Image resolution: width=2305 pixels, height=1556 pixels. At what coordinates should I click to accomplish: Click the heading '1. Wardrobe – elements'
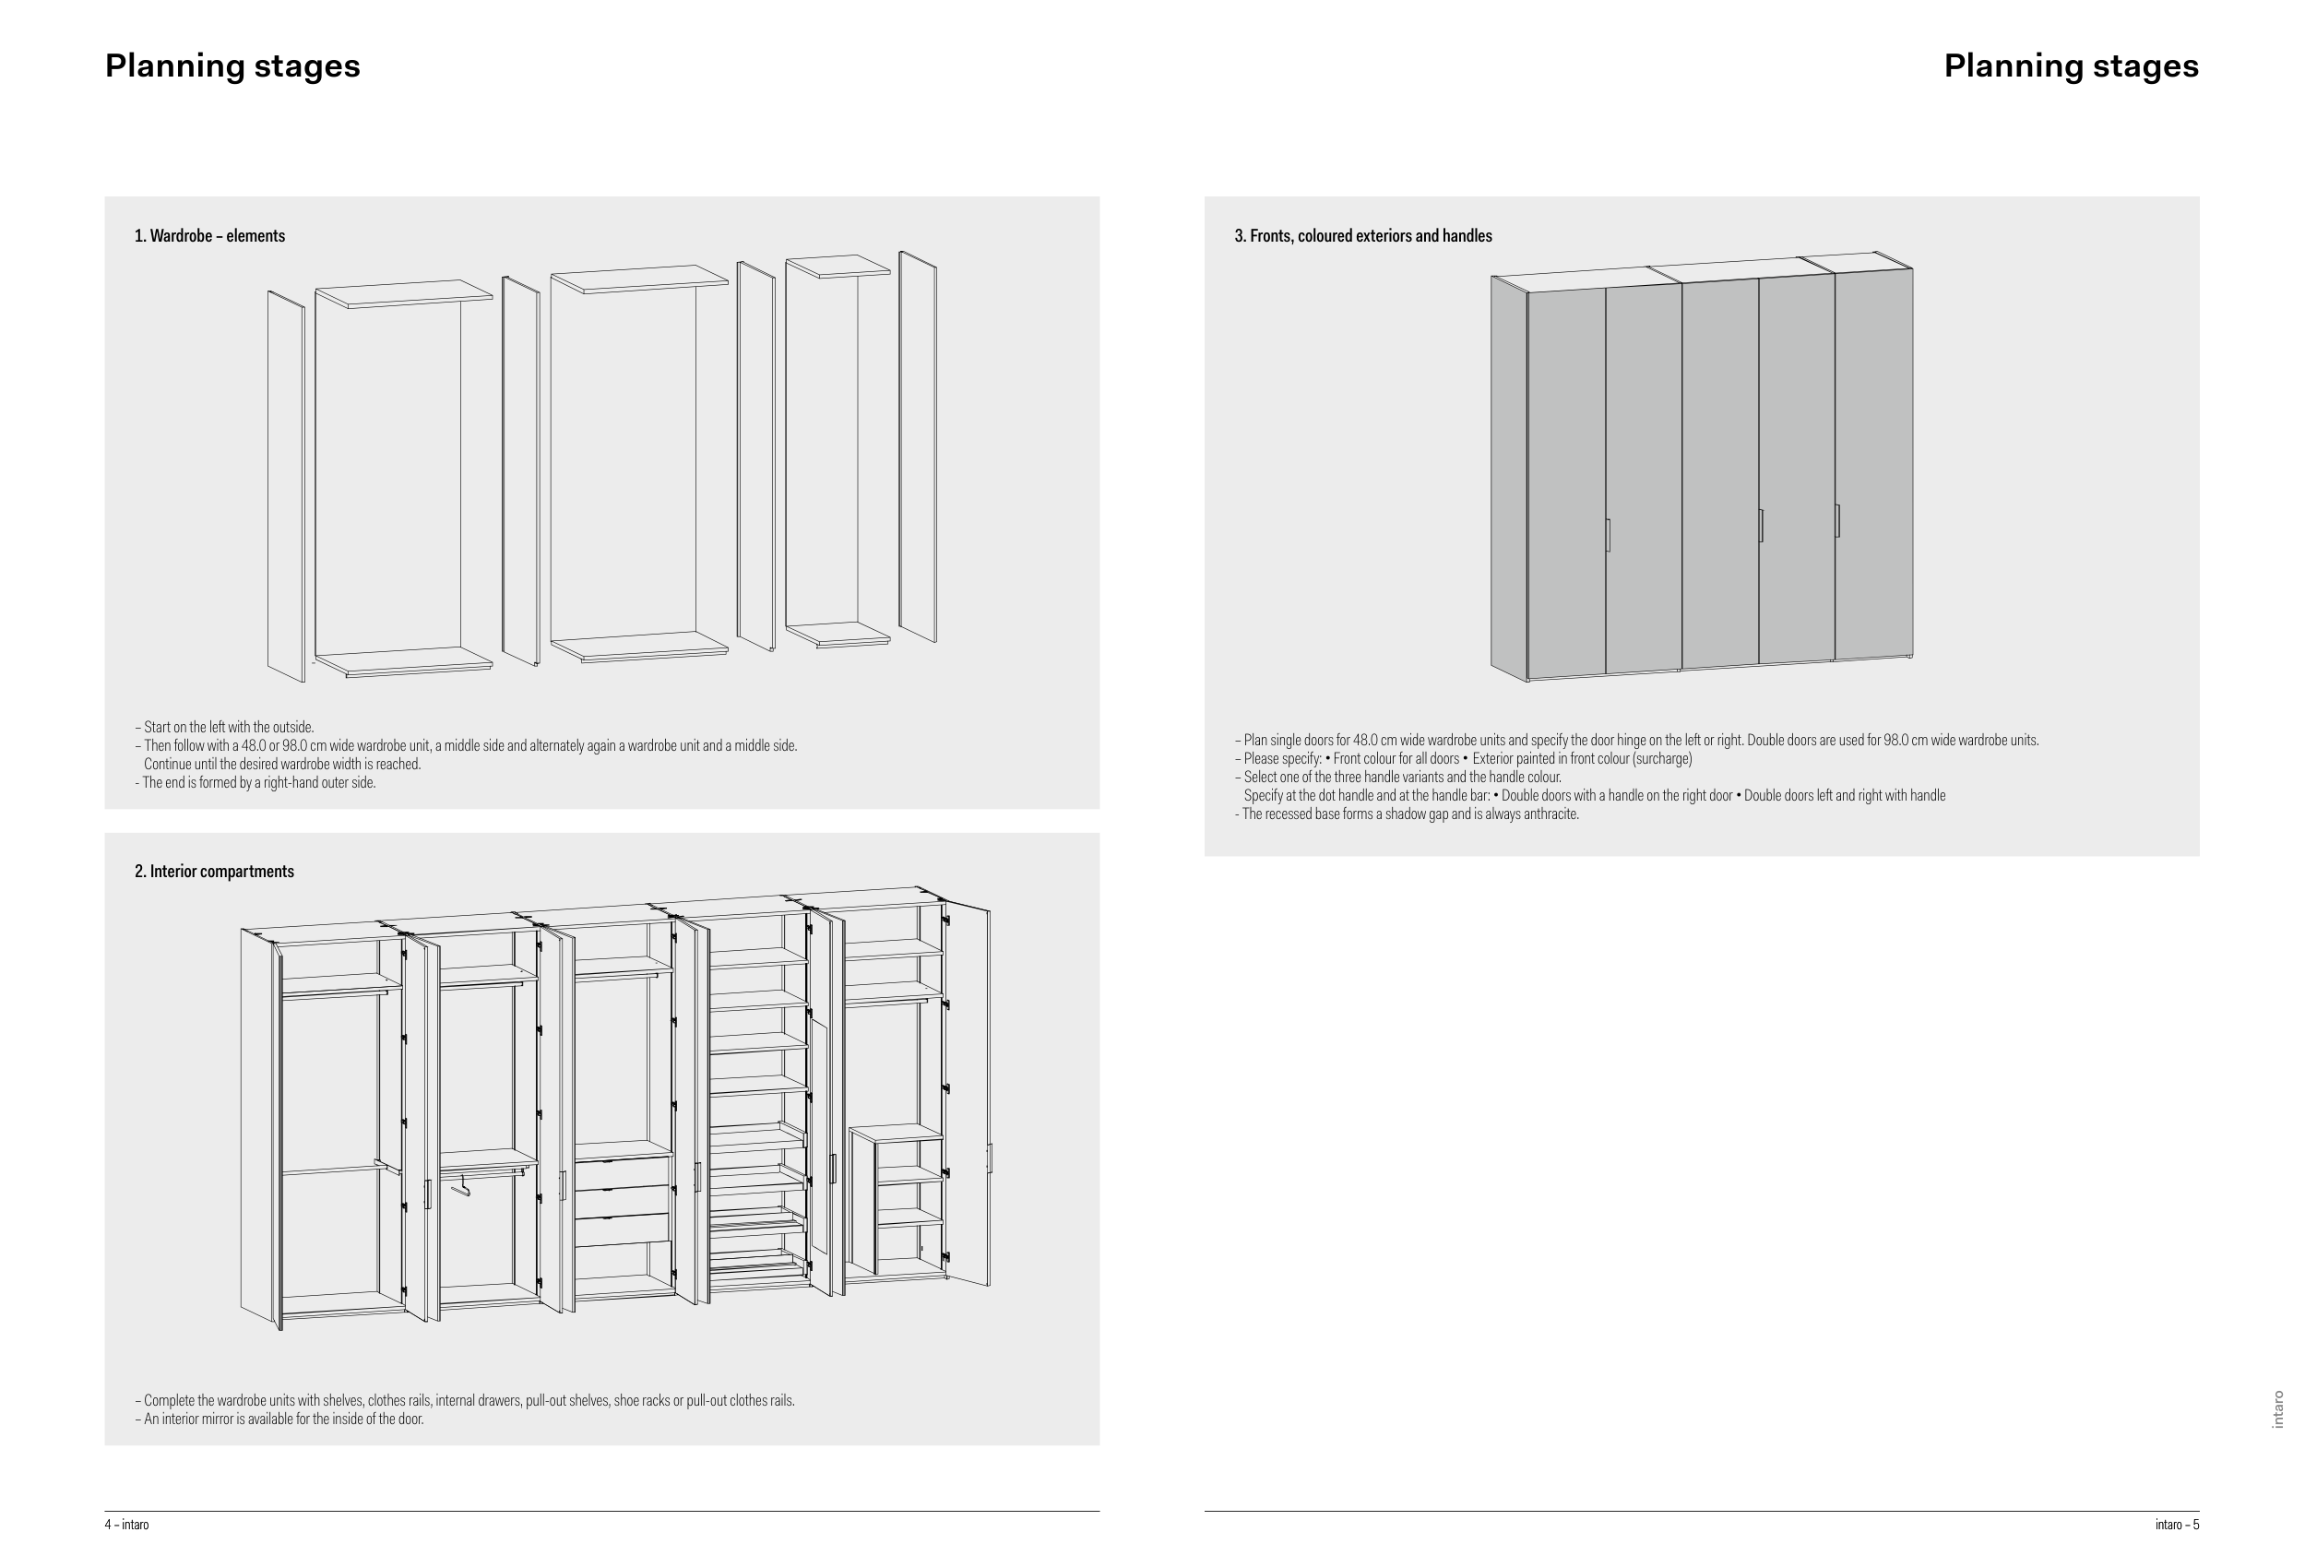pos(209,236)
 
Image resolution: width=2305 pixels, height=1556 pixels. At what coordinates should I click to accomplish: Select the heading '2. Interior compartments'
pos(214,872)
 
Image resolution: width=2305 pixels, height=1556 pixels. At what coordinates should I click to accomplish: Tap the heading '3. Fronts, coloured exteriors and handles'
pos(1362,236)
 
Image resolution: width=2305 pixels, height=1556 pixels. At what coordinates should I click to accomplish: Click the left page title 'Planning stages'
pos(233,65)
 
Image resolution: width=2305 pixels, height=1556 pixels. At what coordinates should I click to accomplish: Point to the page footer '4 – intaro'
pos(127,1525)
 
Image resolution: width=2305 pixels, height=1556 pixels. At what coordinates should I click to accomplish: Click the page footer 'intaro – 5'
pos(2177,1525)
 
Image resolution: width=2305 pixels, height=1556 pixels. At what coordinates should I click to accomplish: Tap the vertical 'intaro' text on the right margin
pos(2277,1409)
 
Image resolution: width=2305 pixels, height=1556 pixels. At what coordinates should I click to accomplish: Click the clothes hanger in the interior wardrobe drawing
pos(459,1185)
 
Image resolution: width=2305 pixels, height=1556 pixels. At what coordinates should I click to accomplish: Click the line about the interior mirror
pos(279,1419)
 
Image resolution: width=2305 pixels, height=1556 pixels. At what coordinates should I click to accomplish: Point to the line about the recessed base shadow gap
pos(1407,814)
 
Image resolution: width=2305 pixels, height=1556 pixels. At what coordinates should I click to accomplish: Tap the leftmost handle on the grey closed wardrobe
pos(1608,535)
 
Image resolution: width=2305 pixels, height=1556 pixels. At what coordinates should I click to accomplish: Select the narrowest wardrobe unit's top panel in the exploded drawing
pos(838,266)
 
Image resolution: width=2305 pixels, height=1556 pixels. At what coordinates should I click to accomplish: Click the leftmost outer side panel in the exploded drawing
pos(286,486)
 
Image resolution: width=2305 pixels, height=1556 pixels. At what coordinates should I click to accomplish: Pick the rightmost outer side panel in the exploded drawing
pos(918,446)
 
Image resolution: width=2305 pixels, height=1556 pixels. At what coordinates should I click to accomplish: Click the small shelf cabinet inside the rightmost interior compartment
pos(897,1199)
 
